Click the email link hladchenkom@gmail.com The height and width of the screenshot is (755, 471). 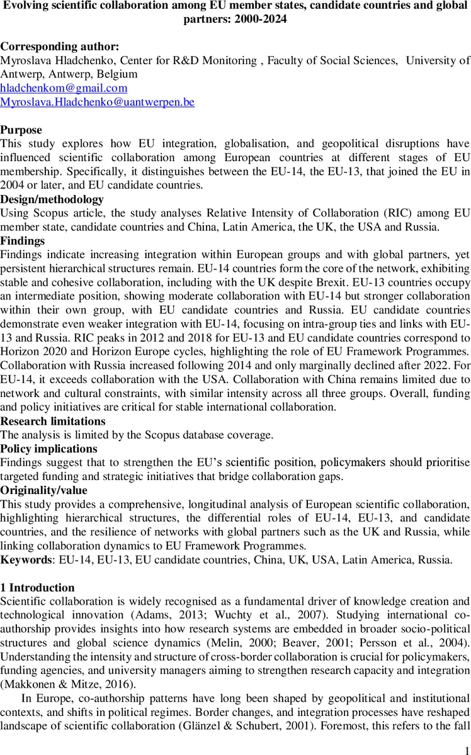(64, 88)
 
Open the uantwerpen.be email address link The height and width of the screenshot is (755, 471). (97, 102)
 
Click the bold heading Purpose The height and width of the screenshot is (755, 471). (21, 130)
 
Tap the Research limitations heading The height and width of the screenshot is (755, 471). (53, 421)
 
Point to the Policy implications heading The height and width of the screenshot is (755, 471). (49, 449)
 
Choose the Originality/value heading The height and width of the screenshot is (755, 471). (43, 490)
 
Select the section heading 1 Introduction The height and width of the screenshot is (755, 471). (37, 588)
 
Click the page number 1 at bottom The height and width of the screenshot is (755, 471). (466, 746)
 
